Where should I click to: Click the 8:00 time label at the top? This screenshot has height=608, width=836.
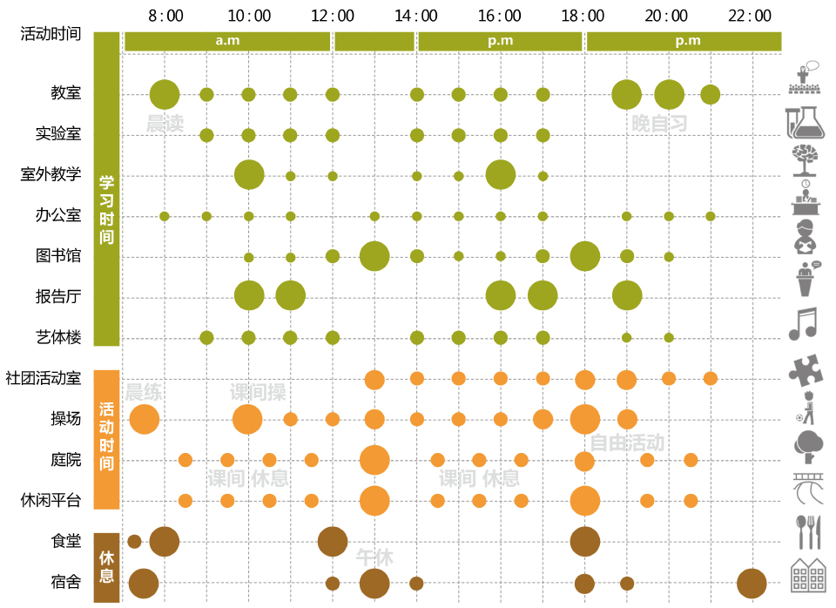coord(165,16)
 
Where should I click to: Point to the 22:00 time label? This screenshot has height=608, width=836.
coord(751,16)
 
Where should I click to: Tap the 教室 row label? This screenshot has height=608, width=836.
coord(66,94)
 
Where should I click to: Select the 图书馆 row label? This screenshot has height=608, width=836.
coord(58,256)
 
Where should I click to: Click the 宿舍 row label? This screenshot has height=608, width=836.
coord(66,583)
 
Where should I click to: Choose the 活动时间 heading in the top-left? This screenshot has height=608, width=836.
coord(51,34)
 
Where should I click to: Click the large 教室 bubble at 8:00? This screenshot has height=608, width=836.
coord(165,94)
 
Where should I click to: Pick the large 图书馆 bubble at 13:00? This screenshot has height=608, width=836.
coord(374,256)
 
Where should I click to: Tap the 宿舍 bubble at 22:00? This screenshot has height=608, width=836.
coord(752,583)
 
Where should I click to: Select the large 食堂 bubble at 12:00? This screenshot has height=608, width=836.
coord(333,542)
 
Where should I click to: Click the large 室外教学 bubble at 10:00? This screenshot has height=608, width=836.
coord(249,175)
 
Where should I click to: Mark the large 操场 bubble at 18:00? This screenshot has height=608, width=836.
coord(585,420)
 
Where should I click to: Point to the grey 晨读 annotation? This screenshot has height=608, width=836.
coord(165,125)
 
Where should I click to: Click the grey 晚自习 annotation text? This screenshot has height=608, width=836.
coord(659,124)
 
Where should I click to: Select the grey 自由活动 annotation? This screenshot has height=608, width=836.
coord(627,442)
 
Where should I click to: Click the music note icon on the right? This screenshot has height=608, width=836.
coord(802,324)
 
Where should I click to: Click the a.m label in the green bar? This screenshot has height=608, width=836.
coord(228,41)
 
